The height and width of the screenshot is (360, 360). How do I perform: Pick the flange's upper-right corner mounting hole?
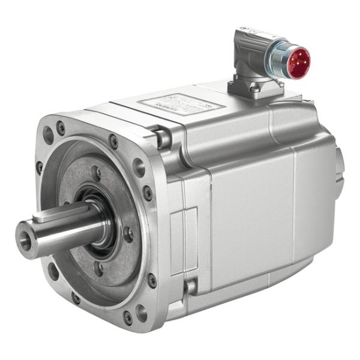[x=139, y=167]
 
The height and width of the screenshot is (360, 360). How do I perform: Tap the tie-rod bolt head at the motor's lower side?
[x=191, y=287]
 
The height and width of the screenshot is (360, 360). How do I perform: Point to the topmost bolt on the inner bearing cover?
[x=95, y=174]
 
